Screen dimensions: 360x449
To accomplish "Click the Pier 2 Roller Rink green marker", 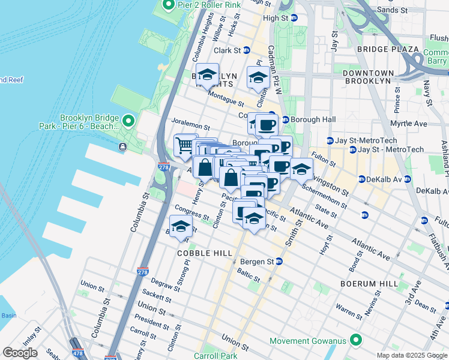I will (168, 5).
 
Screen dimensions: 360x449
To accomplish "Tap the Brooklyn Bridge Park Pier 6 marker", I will (128, 122).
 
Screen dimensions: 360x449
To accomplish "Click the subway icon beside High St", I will (294, 19).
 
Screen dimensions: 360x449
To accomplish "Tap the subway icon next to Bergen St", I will (279, 262).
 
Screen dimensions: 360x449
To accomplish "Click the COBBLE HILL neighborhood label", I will (204, 254).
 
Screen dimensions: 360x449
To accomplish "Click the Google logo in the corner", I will (19, 353).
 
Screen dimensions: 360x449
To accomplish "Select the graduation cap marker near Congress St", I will (180, 228).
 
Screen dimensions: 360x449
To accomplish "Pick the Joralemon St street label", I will (190, 127).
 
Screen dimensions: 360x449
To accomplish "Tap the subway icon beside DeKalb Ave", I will (362, 179).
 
